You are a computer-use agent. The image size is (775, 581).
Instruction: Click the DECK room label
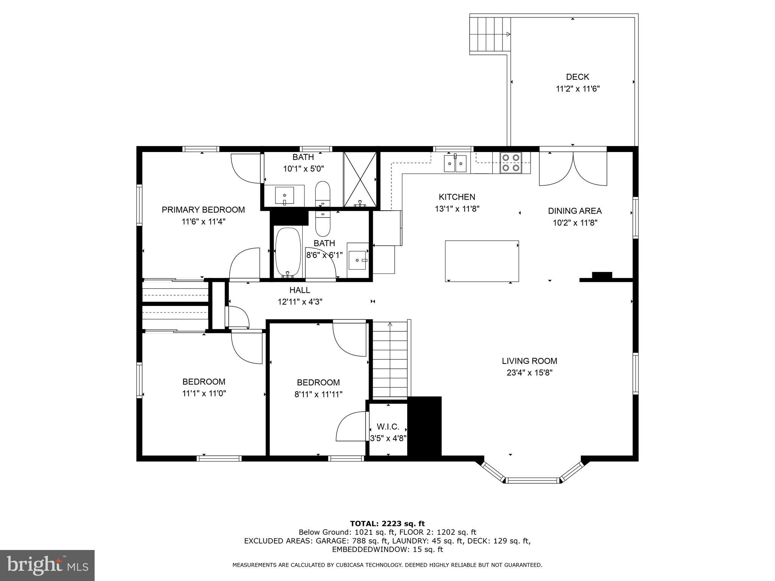point(577,77)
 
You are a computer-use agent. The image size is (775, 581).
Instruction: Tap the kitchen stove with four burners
point(511,163)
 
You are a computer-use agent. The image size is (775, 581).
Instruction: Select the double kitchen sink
point(455,163)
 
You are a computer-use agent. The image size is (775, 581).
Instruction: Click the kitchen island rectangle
point(482,261)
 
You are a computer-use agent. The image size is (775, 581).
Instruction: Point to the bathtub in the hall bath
point(288,253)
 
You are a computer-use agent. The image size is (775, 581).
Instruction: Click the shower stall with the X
point(360,179)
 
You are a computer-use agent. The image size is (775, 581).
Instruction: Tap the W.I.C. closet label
point(388,427)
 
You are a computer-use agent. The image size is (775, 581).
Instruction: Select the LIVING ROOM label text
point(529,361)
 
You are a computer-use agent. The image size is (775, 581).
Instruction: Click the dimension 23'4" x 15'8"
point(529,373)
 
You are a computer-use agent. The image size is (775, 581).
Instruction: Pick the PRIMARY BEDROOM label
point(203,210)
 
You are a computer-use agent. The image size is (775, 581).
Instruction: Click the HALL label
point(300,290)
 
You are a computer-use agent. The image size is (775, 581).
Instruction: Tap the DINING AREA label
point(575,211)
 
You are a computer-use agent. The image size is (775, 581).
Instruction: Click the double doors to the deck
point(573,168)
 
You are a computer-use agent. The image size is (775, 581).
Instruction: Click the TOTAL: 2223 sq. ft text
point(387,524)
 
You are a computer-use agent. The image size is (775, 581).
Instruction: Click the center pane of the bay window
point(532,481)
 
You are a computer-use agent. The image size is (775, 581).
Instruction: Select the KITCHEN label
point(457,197)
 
